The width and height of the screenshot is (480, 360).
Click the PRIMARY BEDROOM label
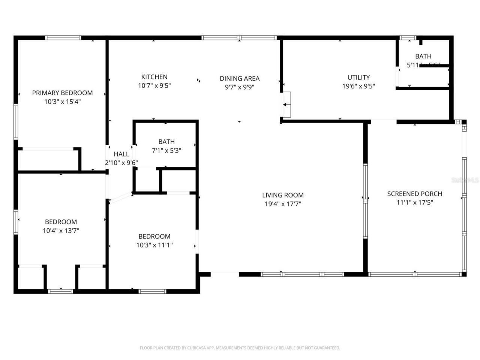pos(62,93)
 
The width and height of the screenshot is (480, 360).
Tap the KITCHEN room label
pos(154,77)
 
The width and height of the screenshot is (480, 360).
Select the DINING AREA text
pos(239,78)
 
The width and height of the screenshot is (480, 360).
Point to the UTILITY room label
pos(358,77)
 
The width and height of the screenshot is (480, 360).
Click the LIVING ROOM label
pos(283,195)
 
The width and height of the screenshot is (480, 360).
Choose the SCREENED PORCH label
pos(414,194)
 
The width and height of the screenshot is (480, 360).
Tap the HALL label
pos(121,154)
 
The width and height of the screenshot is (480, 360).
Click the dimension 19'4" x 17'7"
pos(283,204)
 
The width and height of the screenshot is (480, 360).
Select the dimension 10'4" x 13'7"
pos(61,231)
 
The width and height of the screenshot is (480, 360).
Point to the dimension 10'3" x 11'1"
pos(154,245)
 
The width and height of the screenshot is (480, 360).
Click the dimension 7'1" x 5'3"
pos(166,150)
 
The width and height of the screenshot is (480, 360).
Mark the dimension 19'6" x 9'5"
pos(358,86)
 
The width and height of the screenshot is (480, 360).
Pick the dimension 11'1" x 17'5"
pos(414,202)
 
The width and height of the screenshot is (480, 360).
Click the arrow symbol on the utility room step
pos(286,105)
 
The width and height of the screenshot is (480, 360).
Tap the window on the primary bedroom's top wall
pos(63,38)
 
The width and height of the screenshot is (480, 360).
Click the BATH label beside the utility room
pos(423,56)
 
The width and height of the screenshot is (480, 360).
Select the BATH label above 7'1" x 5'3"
pos(166,142)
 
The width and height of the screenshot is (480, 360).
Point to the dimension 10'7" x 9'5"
pos(154,85)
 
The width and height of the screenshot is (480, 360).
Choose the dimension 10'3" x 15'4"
pos(62,102)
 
